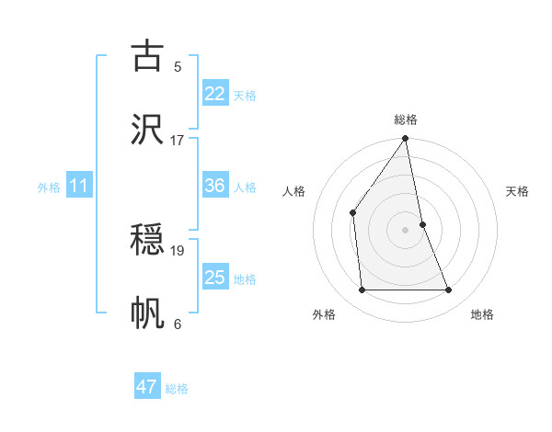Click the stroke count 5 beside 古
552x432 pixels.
(178, 66)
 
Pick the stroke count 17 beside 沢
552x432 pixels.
(178, 140)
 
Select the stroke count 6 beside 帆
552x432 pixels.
(178, 324)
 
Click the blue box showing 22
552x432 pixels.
(214, 94)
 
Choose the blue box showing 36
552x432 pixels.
(214, 186)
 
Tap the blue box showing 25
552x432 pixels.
(214, 278)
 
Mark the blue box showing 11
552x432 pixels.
(79, 186)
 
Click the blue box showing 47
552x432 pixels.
(147, 387)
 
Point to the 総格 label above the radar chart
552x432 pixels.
(406, 120)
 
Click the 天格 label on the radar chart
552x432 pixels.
(518, 192)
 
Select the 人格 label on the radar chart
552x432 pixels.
(294, 192)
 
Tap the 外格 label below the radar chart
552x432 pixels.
(324, 315)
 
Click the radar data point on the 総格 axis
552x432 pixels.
(406, 140)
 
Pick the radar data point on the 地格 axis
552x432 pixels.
(449, 290)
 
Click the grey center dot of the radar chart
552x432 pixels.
(406, 229)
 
